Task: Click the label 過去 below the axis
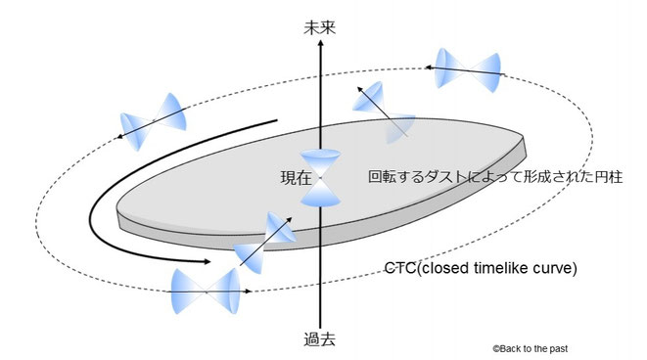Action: click(321, 340)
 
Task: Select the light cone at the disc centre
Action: click(321, 179)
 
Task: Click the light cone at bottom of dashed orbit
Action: click(206, 291)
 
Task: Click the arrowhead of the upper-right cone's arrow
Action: click(429, 67)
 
